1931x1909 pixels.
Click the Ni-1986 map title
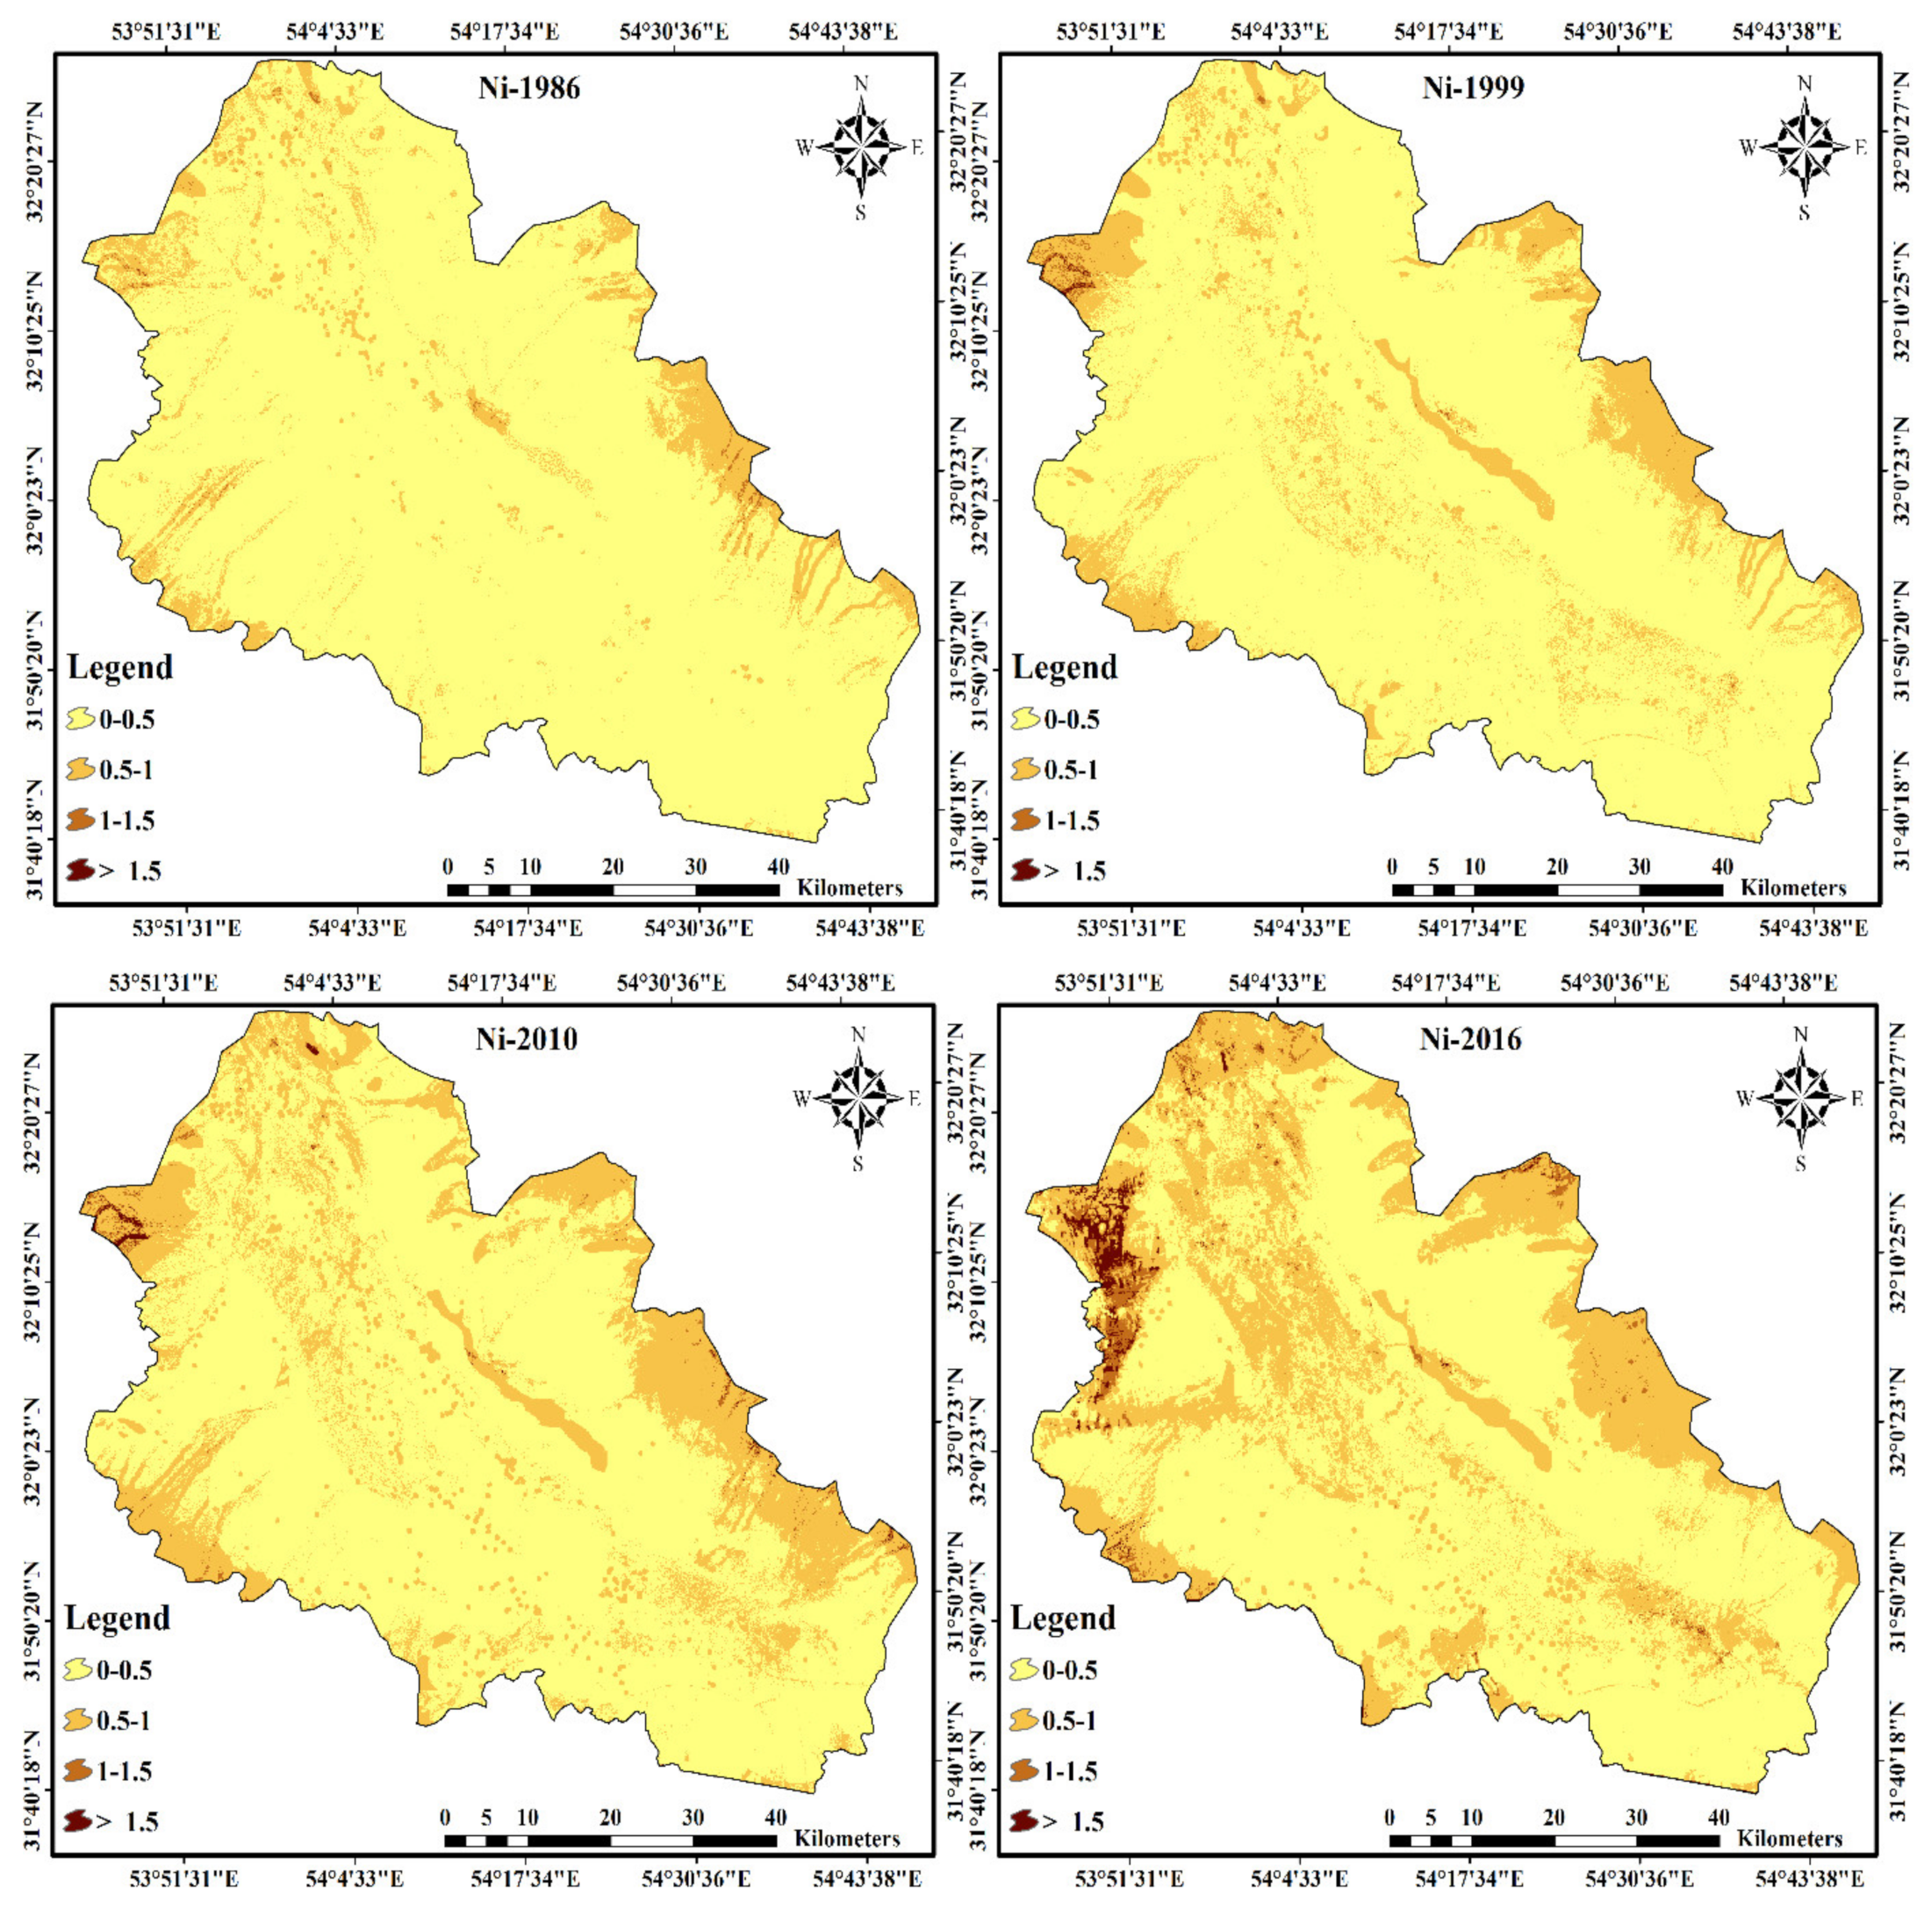coord(528,88)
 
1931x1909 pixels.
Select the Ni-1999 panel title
coord(1473,88)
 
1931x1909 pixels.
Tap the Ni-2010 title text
coord(527,1039)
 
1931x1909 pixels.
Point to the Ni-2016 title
coord(1470,1039)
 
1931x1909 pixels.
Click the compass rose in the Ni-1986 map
coord(860,147)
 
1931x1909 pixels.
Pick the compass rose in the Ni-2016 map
coord(1801,1098)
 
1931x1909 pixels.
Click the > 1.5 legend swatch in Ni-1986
coord(80,871)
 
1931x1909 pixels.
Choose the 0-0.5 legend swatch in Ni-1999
coord(1025,719)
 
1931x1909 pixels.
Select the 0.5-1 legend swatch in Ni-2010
coord(78,1720)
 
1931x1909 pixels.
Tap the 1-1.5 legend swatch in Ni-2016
coord(1023,1771)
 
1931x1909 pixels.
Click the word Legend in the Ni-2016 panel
coord(1062,1617)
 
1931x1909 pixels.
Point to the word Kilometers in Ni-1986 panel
coord(850,887)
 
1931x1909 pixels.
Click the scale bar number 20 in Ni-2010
coord(610,1816)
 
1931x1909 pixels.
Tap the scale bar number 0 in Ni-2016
coord(1389,1816)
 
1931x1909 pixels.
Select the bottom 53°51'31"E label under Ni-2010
coord(184,1879)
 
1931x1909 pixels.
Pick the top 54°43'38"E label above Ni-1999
coord(1787,31)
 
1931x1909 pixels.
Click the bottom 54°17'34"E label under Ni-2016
coord(1469,1879)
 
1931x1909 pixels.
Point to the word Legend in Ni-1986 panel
coord(120,667)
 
